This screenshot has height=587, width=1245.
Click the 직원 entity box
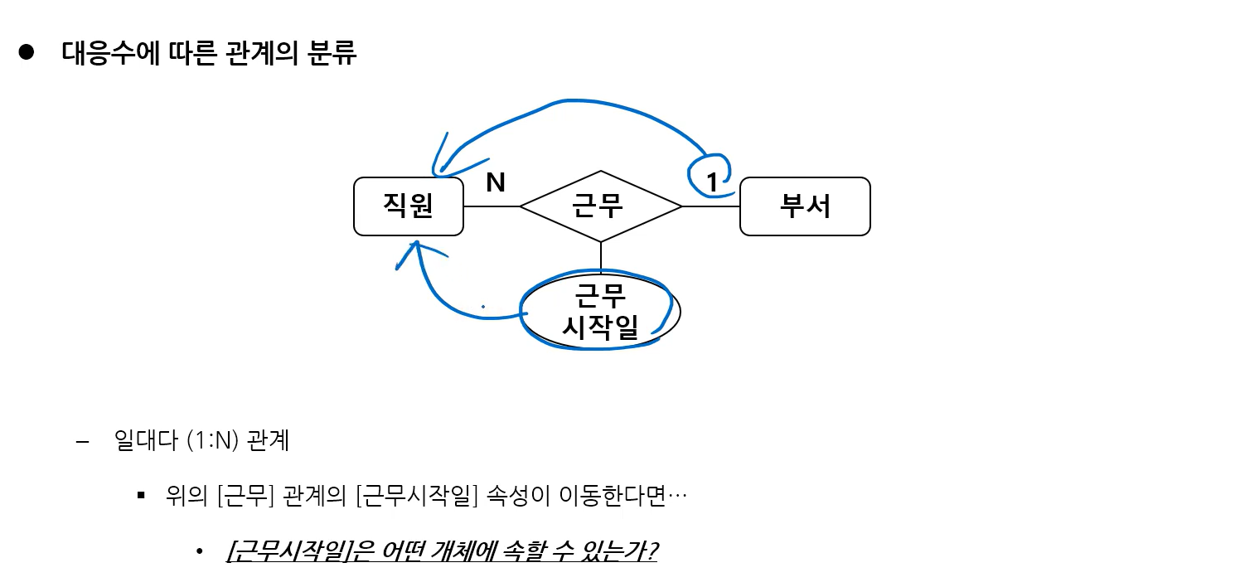[x=408, y=206]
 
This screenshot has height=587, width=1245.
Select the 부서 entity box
[x=804, y=206]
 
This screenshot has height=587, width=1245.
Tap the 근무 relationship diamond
[x=600, y=206]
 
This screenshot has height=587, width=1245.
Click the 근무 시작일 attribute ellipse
[x=600, y=312]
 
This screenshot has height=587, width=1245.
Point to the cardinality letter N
[x=496, y=182]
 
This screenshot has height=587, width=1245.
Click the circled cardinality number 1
[x=712, y=181]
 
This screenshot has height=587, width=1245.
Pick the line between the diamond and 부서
[x=710, y=206]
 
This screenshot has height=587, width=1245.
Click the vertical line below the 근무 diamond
[x=600, y=256]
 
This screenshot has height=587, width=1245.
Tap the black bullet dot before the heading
[x=26, y=52]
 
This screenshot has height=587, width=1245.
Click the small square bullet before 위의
[x=142, y=497]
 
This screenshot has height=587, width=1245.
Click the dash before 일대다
[x=81, y=441]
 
